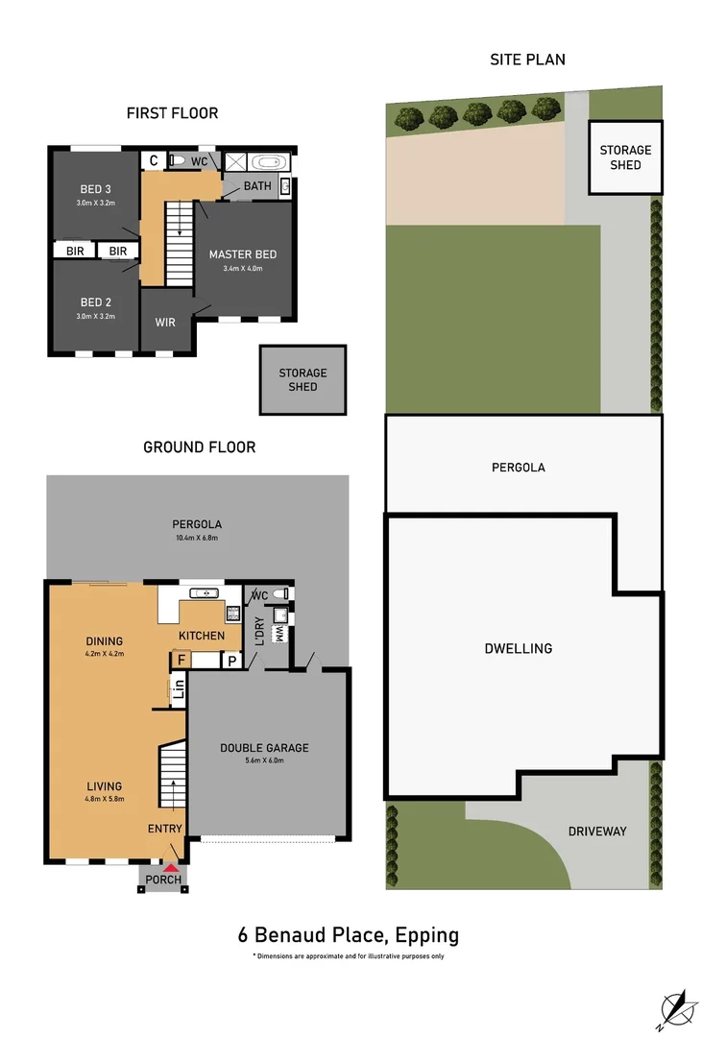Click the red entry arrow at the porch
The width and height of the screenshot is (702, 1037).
pyautogui.click(x=170, y=868)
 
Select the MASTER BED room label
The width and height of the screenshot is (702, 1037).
pyautogui.click(x=243, y=254)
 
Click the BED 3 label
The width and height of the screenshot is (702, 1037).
pyautogui.click(x=96, y=188)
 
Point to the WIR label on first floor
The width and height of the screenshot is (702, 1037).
pyautogui.click(x=165, y=323)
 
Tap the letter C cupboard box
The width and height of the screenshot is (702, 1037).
pyautogui.click(x=153, y=161)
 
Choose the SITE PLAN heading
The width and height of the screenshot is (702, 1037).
pyautogui.click(x=527, y=60)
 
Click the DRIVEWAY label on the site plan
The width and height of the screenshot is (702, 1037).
pyautogui.click(x=596, y=831)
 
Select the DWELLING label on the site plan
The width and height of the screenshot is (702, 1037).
pyautogui.click(x=518, y=648)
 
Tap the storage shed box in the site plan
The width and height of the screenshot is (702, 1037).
pyautogui.click(x=625, y=157)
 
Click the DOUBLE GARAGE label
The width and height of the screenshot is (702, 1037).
pyautogui.click(x=264, y=748)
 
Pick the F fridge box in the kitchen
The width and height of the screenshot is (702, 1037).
pyautogui.click(x=179, y=660)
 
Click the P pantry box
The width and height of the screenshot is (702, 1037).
pyautogui.click(x=231, y=660)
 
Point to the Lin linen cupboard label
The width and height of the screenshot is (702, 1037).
pyautogui.click(x=178, y=688)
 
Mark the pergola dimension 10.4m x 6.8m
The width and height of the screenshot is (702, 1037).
pyautogui.click(x=196, y=538)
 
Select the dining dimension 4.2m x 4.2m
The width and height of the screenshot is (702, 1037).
pyautogui.click(x=103, y=654)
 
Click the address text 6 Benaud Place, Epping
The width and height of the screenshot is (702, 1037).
pyautogui.click(x=349, y=934)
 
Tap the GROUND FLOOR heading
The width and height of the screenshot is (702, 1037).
pyautogui.click(x=199, y=446)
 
